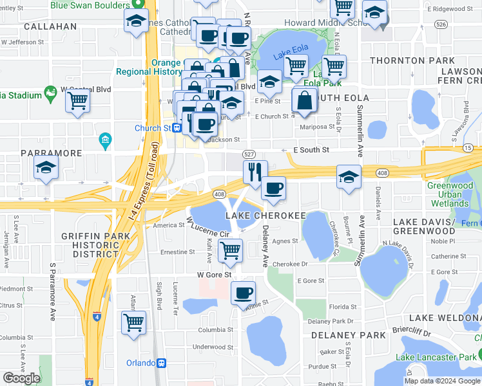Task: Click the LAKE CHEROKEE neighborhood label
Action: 264,215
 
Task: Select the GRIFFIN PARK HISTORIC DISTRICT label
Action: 95,245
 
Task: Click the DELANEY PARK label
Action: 339,335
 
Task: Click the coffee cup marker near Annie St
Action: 243,293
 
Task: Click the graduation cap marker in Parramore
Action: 45,168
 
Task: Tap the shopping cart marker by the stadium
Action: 77,100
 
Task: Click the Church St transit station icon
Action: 176,127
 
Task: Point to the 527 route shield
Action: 249,154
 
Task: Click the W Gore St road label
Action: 214,275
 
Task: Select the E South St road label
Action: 311,150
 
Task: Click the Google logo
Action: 22,378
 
